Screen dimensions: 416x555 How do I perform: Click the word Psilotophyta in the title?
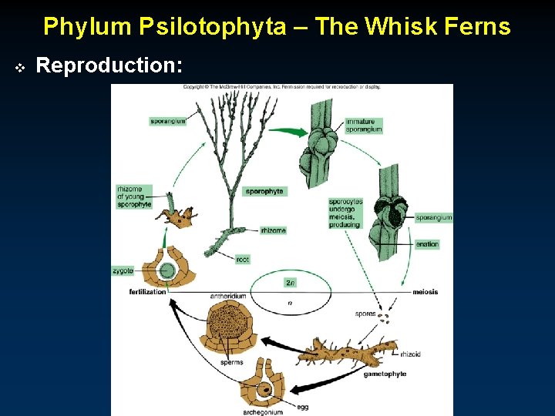click(x=198, y=27)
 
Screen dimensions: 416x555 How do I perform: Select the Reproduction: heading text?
click(x=109, y=66)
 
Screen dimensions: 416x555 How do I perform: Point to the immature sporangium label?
click(x=364, y=126)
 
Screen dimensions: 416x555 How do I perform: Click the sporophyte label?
click(x=264, y=191)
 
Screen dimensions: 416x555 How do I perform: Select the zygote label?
click(x=123, y=271)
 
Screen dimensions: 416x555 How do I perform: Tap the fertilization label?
click(x=148, y=292)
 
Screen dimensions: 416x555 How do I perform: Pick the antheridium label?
click(x=228, y=296)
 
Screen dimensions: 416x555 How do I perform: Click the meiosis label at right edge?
click(x=425, y=292)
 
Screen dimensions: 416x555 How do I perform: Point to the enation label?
click(x=427, y=244)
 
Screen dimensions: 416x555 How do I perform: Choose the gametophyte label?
click(x=385, y=374)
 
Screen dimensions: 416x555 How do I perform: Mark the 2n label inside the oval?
click(x=290, y=283)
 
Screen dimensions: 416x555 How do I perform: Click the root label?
click(x=243, y=260)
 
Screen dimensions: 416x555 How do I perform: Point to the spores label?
click(x=365, y=314)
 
